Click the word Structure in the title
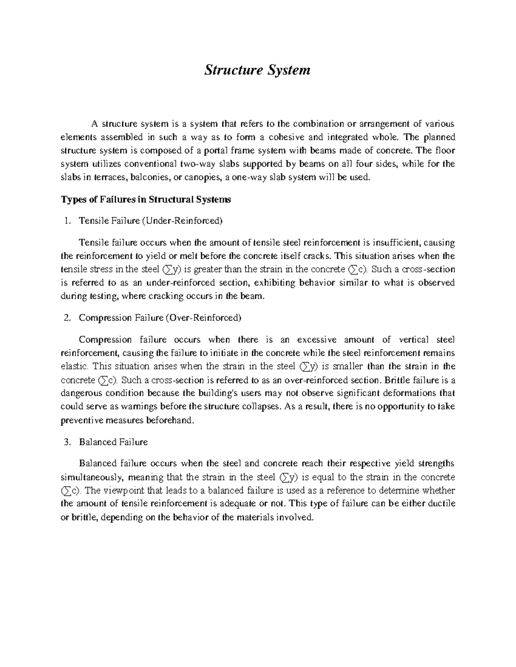coord(230,70)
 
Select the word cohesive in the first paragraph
coord(287,137)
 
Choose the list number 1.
coord(66,221)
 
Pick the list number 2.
coord(66,318)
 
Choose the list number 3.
coord(66,442)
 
